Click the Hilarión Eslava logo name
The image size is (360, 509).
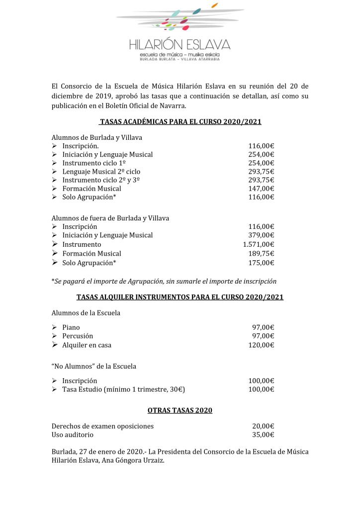point(180,45)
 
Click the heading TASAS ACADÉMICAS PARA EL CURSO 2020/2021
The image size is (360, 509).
point(180,122)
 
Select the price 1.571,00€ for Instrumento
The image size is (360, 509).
point(259,244)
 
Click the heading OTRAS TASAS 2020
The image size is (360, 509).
point(180,410)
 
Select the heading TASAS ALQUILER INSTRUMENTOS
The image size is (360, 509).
point(180,297)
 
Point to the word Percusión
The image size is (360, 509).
point(78,336)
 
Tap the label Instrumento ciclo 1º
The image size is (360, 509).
point(93,163)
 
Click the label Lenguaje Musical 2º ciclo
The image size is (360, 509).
point(101,171)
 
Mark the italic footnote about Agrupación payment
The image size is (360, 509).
point(164,281)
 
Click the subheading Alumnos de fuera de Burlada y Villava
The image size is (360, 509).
point(110,218)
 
